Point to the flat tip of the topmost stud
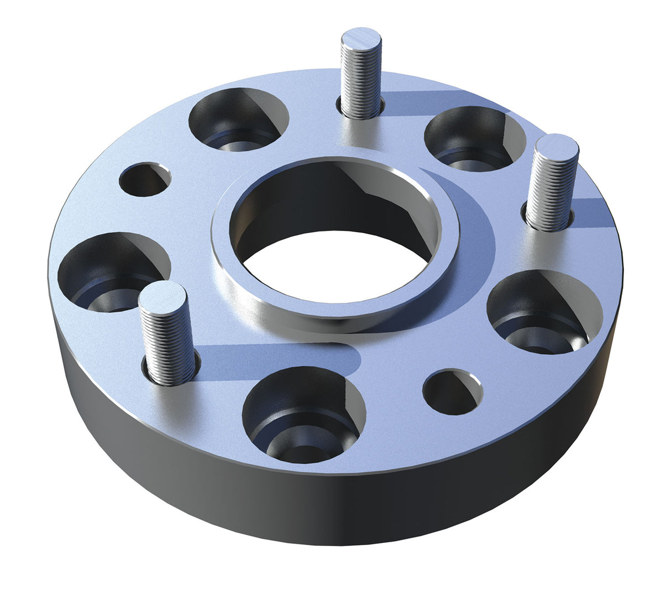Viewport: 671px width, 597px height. [361, 39]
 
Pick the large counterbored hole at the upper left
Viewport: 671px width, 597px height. [238, 119]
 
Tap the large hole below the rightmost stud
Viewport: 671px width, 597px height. [544, 312]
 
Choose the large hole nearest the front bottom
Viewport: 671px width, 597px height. [303, 415]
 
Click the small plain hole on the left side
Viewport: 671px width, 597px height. [144, 179]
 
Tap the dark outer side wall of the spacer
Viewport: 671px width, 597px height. [332, 509]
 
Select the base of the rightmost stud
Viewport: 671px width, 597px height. [547, 221]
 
